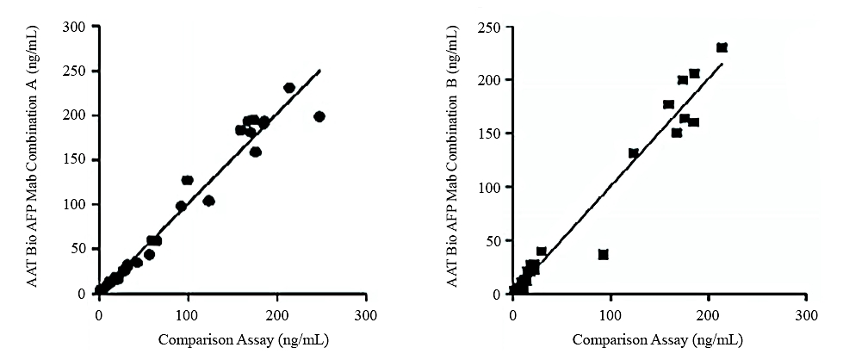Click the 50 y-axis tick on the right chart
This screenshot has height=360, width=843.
pos(498,240)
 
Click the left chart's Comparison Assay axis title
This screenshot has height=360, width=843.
pos(232,339)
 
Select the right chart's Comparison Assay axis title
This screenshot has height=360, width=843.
pos(659,339)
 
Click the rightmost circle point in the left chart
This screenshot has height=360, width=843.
pos(319,116)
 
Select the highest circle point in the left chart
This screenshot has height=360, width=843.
pos(289,88)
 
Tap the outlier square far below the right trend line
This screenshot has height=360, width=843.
pos(603,255)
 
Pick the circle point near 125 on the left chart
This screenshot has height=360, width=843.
pos(208,201)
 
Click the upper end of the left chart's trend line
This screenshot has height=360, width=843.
pos(319,71)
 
